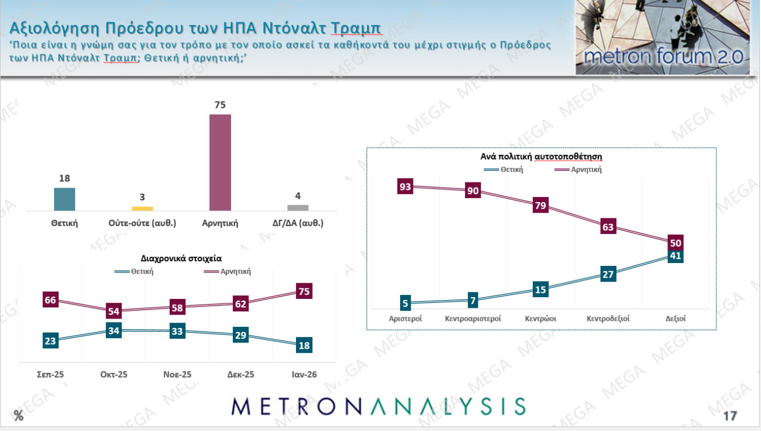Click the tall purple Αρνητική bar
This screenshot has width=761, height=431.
pos(220,162)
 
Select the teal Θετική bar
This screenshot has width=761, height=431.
pos(64,199)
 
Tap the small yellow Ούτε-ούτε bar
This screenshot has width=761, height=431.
pos(142,208)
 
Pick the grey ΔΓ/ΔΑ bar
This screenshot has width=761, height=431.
pos(298,207)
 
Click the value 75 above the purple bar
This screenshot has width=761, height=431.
pos(220,105)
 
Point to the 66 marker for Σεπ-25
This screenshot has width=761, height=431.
pos(50,300)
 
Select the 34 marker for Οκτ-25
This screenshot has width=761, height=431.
pos(114,330)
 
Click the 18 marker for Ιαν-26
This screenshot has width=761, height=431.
pos(304,345)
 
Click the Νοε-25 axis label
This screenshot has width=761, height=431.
pos(177,374)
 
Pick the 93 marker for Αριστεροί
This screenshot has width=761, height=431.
pos(405,186)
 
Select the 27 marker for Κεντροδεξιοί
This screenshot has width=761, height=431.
pos(608,274)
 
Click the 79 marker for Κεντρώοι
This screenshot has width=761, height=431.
pos(541,205)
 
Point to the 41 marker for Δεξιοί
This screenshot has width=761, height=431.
pos(675,256)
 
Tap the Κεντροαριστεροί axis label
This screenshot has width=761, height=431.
pos(473,318)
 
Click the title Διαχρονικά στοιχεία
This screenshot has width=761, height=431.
pos(181,259)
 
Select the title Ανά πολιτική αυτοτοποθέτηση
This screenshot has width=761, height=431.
pos(541,156)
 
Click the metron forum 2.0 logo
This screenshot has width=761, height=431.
pos(663,38)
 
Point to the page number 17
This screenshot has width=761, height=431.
pos(730,416)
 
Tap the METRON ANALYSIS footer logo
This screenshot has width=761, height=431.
pos(378,406)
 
